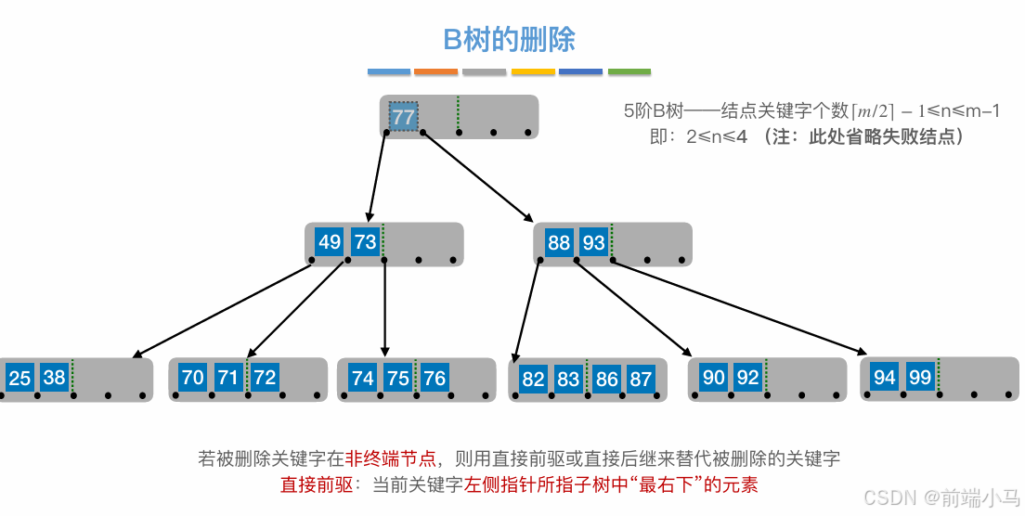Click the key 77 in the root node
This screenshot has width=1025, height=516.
pyautogui.click(x=403, y=118)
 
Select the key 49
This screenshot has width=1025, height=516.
pyautogui.click(x=330, y=243)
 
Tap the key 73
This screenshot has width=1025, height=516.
pyautogui.click(x=365, y=243)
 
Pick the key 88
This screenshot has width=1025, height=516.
pyautogui.click(x=559, y=243)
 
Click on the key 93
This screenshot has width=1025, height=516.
pyautogui.click(x=593, y=243)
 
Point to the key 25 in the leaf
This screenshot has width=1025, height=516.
pyautogui.click(x=19, y=378)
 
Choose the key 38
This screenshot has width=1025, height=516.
pyautogui.click(x=55, y=378)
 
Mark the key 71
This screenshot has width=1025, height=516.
pyautogui.click(x=227, y=378)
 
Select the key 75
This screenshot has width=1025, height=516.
pyautogui.click(x=398, y=378)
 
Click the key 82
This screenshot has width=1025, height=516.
pyautogui.click(x=533, y=379)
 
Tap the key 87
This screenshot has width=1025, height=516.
pyautogui.click(x=640, y=379)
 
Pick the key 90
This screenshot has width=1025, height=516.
pyautogui.click(x=713, y=378)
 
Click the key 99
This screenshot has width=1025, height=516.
pyautogui.click(x=920, y=377)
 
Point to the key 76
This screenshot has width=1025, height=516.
pyautogui.click(x=435, y=378)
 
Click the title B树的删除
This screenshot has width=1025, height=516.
pyautogui.click(x=509, y=39)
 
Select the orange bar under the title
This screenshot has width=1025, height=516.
pyautogui.click(x=436, y=71)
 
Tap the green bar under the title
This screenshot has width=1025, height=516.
pyautogui.click(x=629, y=71)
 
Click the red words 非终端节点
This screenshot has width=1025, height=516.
pyautogui.click(x=391, y=458)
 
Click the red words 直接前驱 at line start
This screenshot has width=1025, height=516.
pyautogui.click(x=310, y=484)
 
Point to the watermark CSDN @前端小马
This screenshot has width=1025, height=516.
pyautogui.click(x=941, y=498)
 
